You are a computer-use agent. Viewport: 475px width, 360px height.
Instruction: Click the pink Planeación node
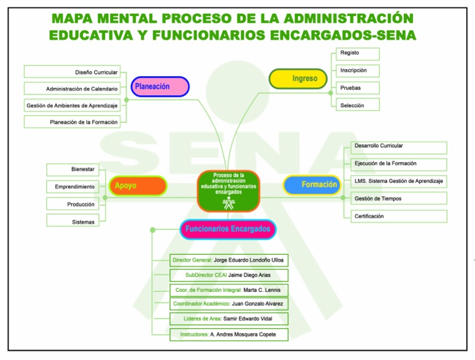(x=160, y=87)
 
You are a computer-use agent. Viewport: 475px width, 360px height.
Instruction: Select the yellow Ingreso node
(x=298, y=79)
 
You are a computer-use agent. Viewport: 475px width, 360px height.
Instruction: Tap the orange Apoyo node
(x=137, y=186)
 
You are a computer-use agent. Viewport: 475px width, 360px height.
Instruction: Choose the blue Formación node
(x=312, y=184)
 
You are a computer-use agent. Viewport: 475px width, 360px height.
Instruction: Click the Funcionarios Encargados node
(x=228, y=229)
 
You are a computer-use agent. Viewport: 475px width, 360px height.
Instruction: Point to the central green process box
(x=229, y=191)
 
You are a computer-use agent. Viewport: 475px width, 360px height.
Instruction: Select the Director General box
(x=229, y=260)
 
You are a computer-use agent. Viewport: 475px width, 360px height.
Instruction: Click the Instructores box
(x=229, y=334)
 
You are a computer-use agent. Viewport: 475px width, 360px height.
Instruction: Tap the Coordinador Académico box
(x=229, y=304)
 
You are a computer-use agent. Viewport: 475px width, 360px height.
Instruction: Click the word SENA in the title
(x=390, y=35)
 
